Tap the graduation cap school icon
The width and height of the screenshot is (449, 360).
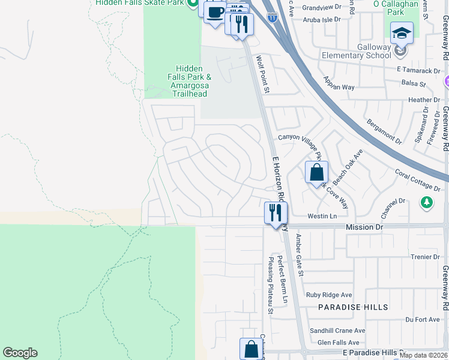(x=402, y=33)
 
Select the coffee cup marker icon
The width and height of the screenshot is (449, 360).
(x=215, y=12)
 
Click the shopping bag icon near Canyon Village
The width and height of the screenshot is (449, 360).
(x=316, y=173)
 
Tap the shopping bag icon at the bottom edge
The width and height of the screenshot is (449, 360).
(x=251, y=349)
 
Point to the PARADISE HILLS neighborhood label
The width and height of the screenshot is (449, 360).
(x=354, y=307)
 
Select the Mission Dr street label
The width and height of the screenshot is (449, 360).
(x=364, y=227)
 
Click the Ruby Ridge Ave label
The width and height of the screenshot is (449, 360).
(x=329, y=295)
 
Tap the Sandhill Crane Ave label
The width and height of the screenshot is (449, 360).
(x=337, y=331)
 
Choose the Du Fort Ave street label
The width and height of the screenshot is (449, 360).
(x=423, y=320)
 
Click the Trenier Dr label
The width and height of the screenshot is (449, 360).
(x=426, y=257)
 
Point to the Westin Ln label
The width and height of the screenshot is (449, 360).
(x=322, y=216)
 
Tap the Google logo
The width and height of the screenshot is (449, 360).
(x=20, y=353)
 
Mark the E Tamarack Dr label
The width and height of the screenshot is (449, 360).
(x=418, y=70)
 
